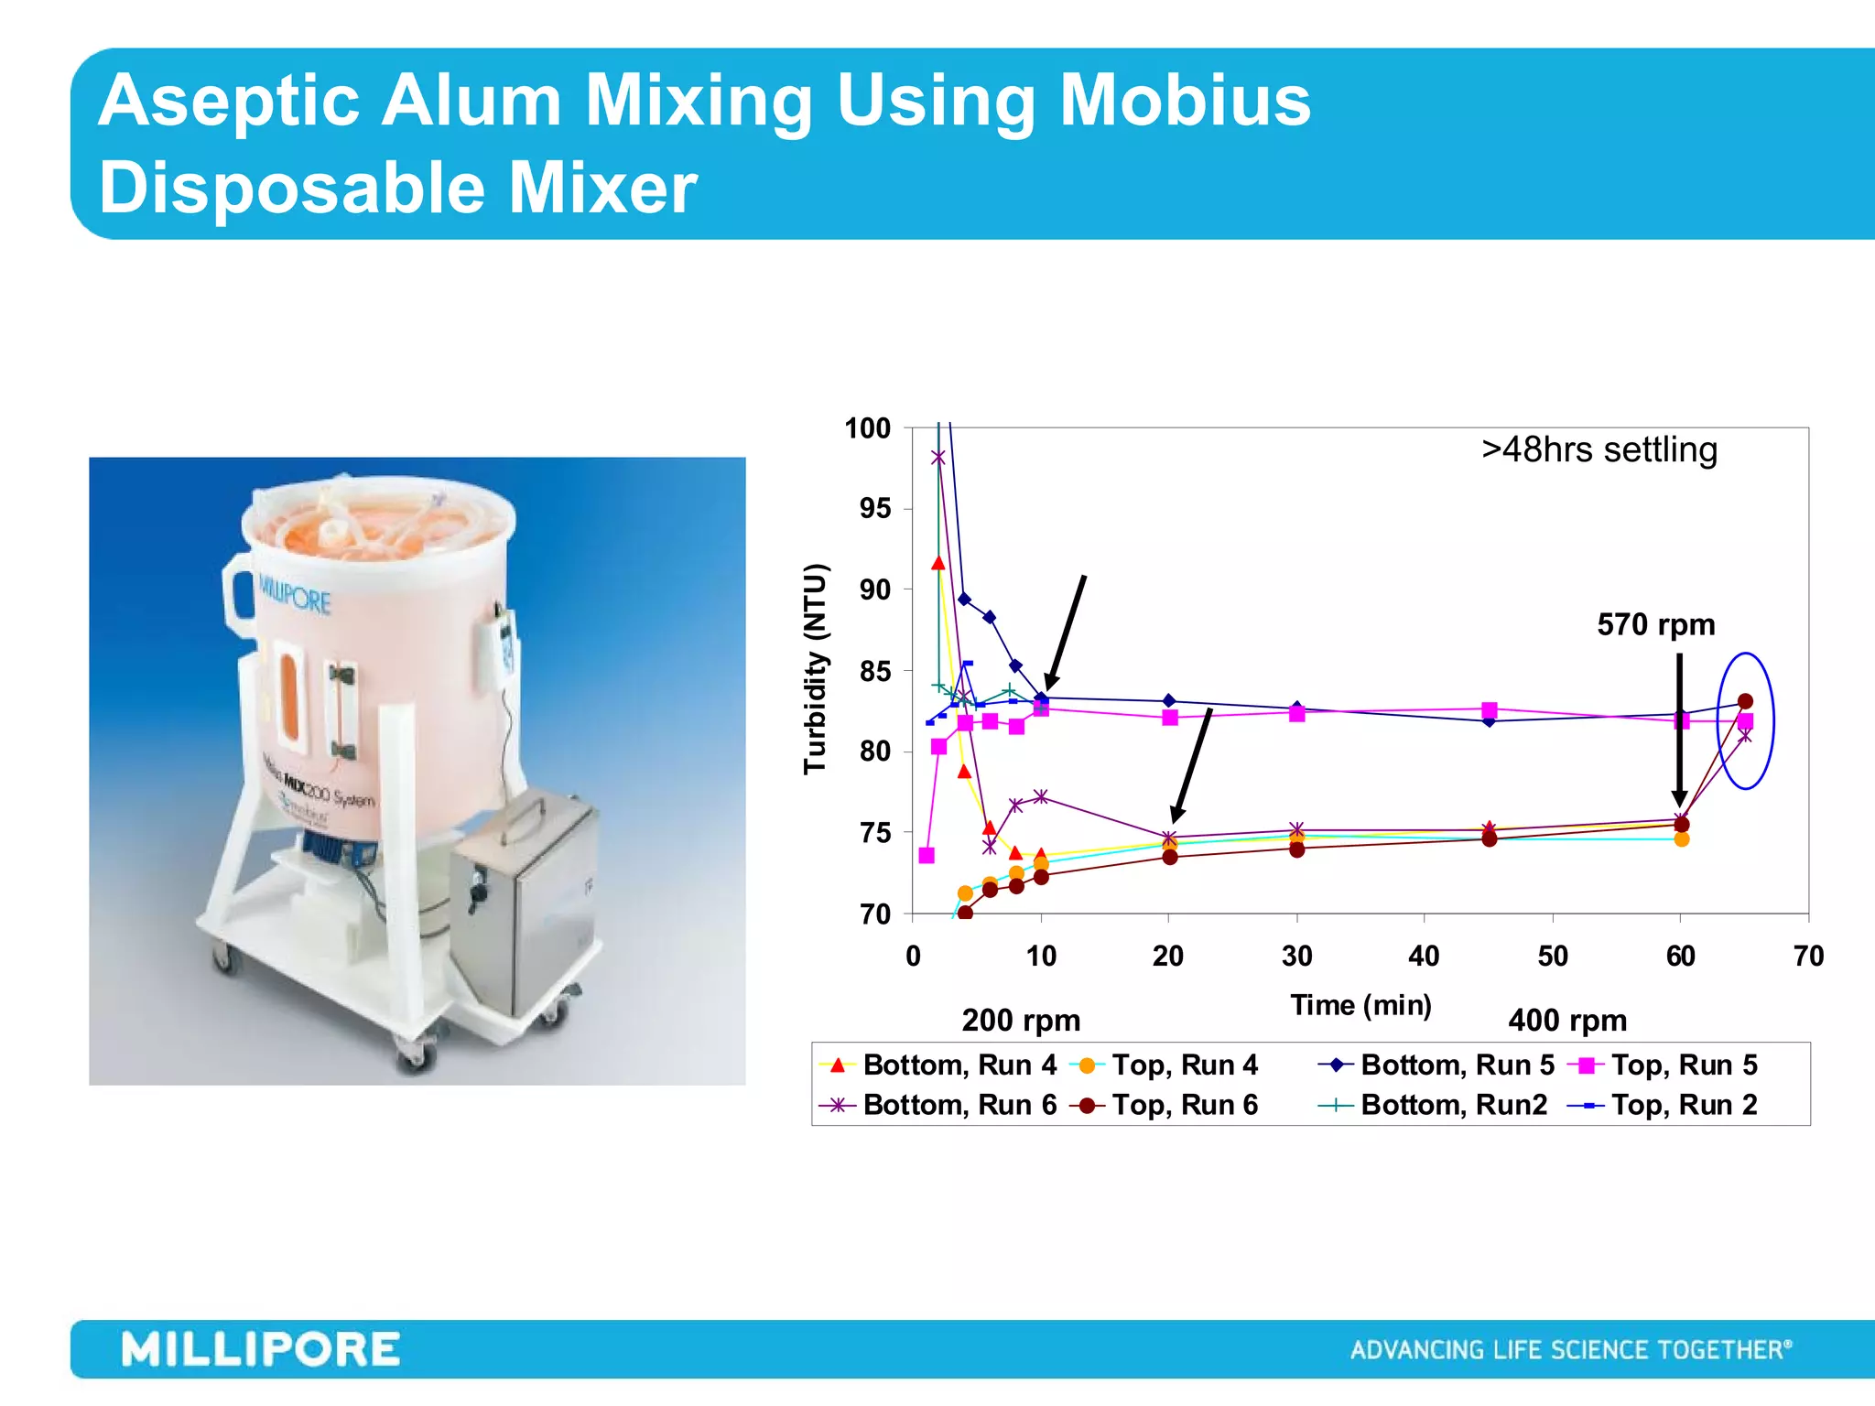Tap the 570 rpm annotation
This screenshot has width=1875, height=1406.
point(1655,625)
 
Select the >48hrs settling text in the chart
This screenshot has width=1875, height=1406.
point(1599,450)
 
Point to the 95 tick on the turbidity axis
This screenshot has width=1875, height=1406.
point(874,508)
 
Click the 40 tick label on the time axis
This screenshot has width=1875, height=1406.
point(1424,957)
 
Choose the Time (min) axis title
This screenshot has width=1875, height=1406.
point(1360,1005)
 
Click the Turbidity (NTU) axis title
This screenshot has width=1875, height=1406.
point(815,669)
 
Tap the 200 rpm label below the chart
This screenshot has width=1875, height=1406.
point(1021,1021)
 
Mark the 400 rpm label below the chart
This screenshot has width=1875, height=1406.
point(1567,1021)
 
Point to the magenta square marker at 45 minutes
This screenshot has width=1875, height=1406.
point(1490,710)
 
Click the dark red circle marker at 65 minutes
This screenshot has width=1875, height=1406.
point(1745,701)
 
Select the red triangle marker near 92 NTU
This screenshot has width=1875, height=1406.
point(937,563)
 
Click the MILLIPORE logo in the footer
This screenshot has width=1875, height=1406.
point(261,1350)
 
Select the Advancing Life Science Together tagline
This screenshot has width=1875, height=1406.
point(1571,1350)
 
